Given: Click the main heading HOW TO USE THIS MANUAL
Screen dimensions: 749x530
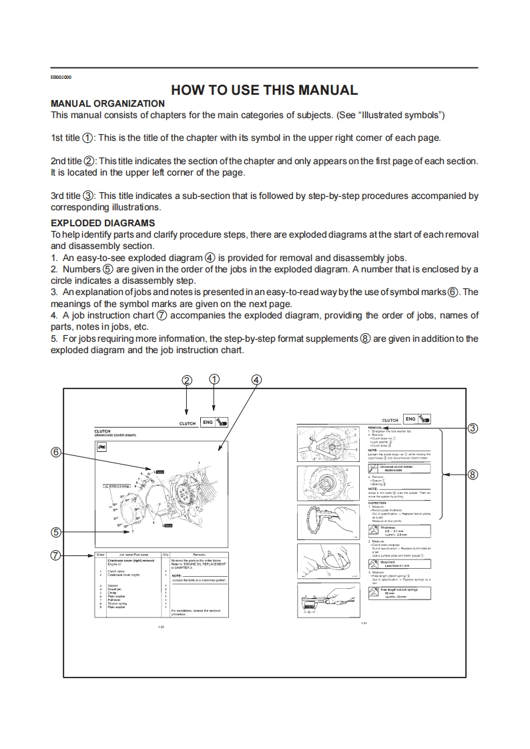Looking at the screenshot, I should point(264,90).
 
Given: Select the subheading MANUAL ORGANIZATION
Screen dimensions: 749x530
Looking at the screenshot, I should point(107,103).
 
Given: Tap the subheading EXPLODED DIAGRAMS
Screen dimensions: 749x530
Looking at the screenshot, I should point(103,222).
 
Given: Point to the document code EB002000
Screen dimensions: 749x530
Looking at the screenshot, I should point(61,77).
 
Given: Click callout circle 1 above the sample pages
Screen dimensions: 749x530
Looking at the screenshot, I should point(214,379).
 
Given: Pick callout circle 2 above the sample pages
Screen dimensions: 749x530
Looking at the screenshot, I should point(187,379).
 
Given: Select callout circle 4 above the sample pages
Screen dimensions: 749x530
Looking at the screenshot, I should point(256,379).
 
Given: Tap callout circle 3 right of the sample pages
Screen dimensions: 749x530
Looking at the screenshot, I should point(473,428).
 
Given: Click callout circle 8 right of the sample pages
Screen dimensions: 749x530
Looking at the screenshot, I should point(473,475).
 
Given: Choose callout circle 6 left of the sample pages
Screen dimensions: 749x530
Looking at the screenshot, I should point(57,452).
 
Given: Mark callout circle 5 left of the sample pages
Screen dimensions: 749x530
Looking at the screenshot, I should point(57,532).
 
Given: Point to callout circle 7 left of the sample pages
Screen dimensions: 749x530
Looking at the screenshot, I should point(57,555).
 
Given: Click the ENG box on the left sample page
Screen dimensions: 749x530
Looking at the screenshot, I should point(208,422).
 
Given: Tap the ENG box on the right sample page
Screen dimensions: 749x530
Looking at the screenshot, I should point(410,419).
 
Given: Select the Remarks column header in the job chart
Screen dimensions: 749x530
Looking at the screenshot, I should point(199,555).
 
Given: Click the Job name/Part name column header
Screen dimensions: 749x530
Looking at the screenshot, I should point(133,555).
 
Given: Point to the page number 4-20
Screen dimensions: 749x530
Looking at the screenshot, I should point(161,628).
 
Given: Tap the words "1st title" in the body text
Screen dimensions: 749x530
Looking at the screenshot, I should point(65,138).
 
